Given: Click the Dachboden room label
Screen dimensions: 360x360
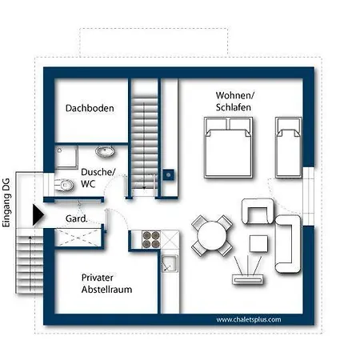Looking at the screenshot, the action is [x=90, y=108].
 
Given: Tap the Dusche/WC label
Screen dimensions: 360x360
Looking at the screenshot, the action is [x=98, y=178].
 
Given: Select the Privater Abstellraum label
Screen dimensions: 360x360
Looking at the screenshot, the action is [x=106, y=283].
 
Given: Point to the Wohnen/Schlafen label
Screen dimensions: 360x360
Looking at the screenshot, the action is [x=235, y=102].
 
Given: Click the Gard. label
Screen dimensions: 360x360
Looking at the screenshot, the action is [x=76, y=219].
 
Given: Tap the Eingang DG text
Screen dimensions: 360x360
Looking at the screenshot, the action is [x=6, y=203].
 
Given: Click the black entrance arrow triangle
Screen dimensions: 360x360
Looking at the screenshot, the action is [x=38, y=215].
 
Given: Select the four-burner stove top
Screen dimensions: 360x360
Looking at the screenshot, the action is [x=151, y=239].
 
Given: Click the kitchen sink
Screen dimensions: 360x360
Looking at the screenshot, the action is [x=170, y=263].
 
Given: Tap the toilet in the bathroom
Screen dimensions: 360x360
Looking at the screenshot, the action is [x=64, y=185].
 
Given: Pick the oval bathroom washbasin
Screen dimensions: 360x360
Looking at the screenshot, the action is [x=105, y=151].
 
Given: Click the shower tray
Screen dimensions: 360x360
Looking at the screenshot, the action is [x=66, y=157].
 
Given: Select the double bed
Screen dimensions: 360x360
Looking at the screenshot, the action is [x=228, y=147].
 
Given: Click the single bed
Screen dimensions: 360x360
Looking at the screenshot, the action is [x=289, y=147].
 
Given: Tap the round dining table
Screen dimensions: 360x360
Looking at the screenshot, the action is [x=212, y=236].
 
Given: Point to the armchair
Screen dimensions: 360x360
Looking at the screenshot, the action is [x=258, y=211].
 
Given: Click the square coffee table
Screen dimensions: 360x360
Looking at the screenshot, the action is [x=258, y=243].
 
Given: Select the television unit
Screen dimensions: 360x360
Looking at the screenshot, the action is [x=248, y=279].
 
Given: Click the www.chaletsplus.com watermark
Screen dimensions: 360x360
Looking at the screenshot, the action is [x=249, y=319].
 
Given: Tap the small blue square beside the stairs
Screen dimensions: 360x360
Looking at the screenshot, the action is [x=169, y=175].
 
